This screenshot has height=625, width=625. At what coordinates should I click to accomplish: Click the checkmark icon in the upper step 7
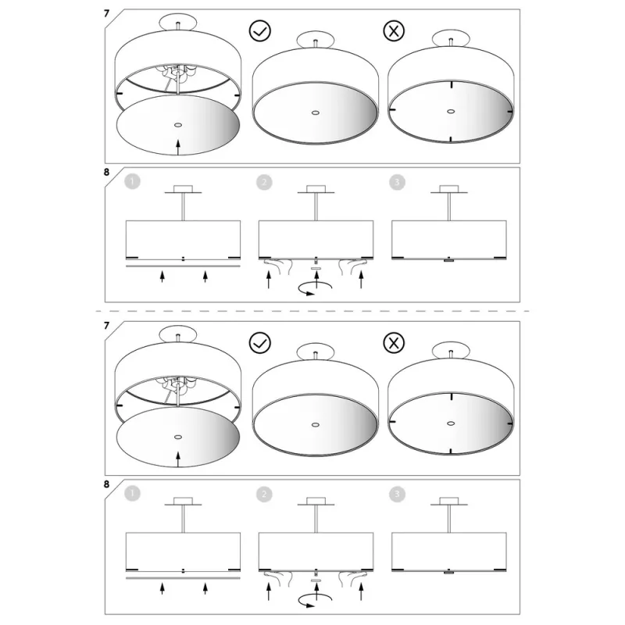pyautogui.click(x=260, y=30)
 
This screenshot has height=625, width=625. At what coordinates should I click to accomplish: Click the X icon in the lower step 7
pyautogui.click(x=394, y=343)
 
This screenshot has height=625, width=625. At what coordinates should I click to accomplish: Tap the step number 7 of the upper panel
pyautogui.click(x=106, y=13)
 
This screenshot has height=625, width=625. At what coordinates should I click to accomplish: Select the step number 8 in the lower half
pyautogui.click(x=106, y=484)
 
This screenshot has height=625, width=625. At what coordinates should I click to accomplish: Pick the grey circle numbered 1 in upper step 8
pyautogui.click(x=132, y=182)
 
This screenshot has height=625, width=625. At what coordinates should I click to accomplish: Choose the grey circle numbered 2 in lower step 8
pyautogui.click(x=264, y=495)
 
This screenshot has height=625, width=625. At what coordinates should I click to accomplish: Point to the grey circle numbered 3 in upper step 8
pyautogui.click(x=397, y=182)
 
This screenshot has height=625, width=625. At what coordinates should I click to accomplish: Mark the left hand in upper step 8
pyautogui.click(x=278, y=266)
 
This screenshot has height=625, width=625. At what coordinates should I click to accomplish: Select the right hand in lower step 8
pyautogui.click(x=353, y=578)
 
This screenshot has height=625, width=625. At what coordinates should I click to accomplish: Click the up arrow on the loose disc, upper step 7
pyautogui.click(x=178, y=147)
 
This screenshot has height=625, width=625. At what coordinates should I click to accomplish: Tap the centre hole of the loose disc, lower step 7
pyautogui.click(x=178, y=437)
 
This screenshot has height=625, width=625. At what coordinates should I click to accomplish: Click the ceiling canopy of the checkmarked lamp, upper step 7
pyautogui.click(x=316, y=40)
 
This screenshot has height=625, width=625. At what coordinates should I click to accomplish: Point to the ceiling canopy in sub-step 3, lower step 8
pyautogui.click(x=448, y=502)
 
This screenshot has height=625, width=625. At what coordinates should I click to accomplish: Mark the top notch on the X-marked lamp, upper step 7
pyautogui.click(x=452, y=84)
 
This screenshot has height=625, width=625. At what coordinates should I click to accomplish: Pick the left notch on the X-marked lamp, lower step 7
pyautogui.click(x=392, y=421)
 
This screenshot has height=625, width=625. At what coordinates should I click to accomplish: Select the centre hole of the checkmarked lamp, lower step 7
pyautogui.click(x=316, y=425)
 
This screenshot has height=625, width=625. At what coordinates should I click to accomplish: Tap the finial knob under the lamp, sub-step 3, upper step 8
pyautogui.click(x=448, y=260)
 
